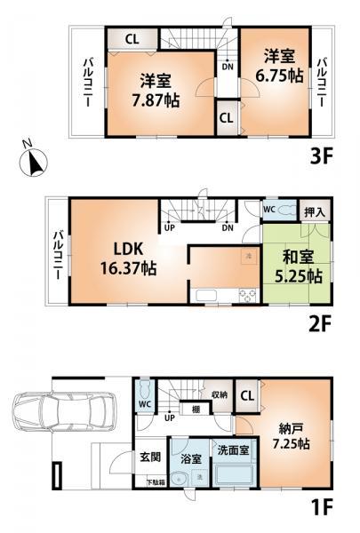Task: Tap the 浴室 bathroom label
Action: click(188, 461)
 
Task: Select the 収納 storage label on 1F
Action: click(221, 394)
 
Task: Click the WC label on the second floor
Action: click(268, 209)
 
